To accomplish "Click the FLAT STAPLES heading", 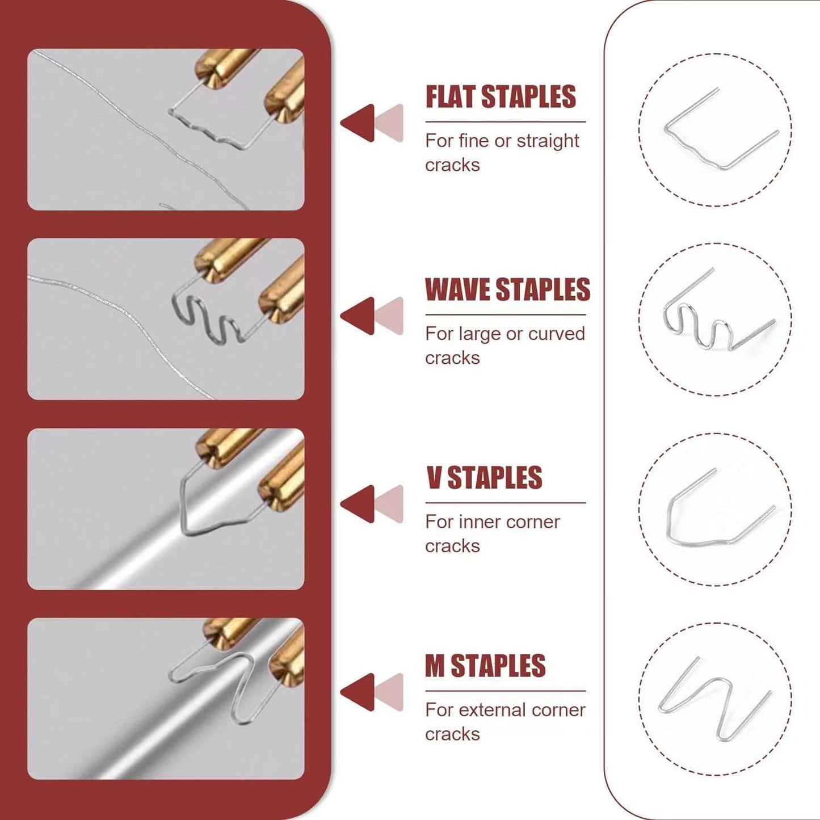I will [501, 97].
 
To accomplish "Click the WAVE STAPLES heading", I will [507, 290].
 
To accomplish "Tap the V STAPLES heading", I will [484, 478].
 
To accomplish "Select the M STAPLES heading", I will [485, 666].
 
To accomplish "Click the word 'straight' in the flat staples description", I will [548, 141].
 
